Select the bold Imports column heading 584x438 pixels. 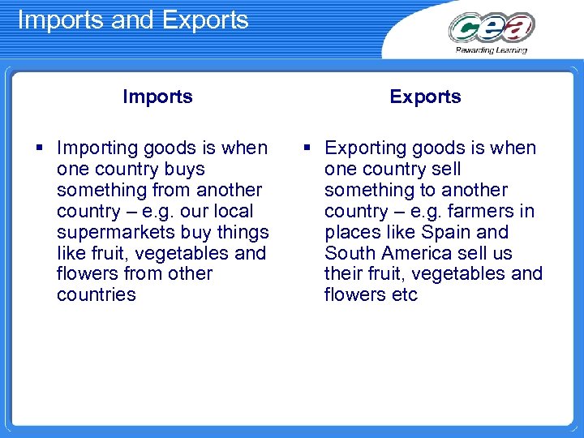157,97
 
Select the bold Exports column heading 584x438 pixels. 425,97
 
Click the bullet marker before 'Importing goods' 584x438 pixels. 40,148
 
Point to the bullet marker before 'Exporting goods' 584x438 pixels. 307,148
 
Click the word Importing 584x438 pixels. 97,148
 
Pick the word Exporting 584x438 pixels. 366,148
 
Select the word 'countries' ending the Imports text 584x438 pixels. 97,295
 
